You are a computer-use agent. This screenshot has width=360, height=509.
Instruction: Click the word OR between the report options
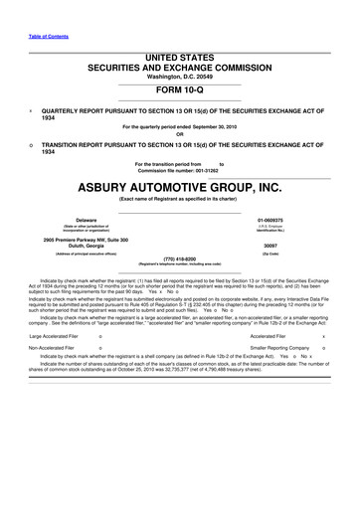pos(179,136)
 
